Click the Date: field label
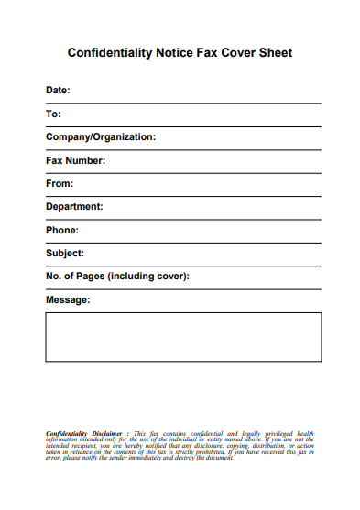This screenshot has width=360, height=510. [58, 91]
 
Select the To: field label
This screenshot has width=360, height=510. [53, 114]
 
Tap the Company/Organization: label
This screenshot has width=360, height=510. [101, 137]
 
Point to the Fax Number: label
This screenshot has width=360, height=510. [76, 161]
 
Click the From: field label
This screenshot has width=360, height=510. [59, 184]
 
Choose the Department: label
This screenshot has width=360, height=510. [74, 207]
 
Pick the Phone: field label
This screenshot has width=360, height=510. [62, 231]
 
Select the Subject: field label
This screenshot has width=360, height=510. [65, 254]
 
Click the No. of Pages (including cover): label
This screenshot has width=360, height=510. [117, 277]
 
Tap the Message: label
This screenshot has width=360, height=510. [68, 300]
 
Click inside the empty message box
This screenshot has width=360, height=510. [183, 337]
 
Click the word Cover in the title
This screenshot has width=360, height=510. [236, 53]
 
